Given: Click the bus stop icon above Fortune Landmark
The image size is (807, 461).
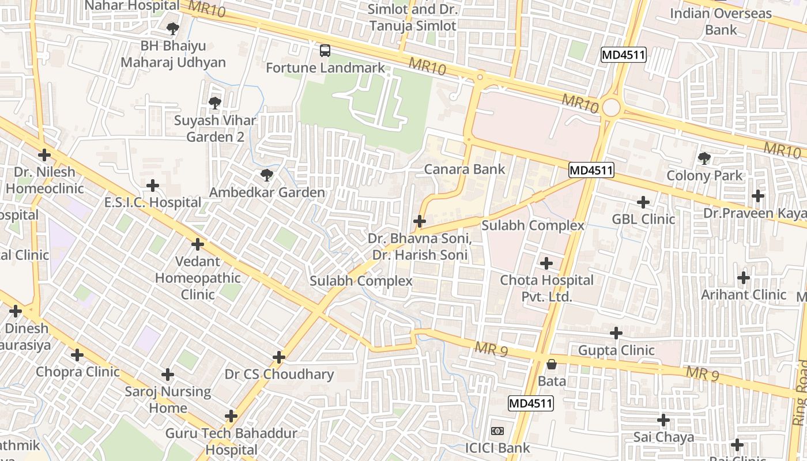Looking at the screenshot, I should point(325,51).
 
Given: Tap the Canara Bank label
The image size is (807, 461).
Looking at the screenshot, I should point(464,169).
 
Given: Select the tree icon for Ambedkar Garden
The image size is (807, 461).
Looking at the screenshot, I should point(266,175).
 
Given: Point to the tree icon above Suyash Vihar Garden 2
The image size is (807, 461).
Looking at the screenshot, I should point(215,103).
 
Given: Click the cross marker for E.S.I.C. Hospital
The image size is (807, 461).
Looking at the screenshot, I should point(153,186).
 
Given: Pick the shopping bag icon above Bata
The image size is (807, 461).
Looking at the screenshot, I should point(552,364).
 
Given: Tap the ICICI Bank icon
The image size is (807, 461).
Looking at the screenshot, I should point(497,431).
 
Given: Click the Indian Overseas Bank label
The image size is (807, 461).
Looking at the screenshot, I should point(721,21).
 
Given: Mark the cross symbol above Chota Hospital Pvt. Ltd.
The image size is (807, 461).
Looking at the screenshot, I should point(546,264).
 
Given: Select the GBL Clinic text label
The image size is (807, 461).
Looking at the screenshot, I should point(643,220).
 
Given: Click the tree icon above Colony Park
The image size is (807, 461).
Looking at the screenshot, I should point(704,157).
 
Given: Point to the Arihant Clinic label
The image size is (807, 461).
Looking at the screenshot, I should point(744,295).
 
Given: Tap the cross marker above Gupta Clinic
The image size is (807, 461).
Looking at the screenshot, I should point(616,333).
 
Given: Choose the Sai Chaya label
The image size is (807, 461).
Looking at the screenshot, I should point(663,437).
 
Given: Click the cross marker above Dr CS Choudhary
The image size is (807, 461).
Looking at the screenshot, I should point(279,357).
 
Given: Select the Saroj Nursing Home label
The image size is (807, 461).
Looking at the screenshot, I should point(168,400).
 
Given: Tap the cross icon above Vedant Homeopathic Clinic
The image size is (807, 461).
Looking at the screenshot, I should point(198,244).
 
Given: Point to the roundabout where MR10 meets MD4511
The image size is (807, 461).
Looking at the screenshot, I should point(611,107).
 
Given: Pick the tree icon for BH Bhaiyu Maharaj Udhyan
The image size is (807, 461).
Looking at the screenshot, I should point(172,28).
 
